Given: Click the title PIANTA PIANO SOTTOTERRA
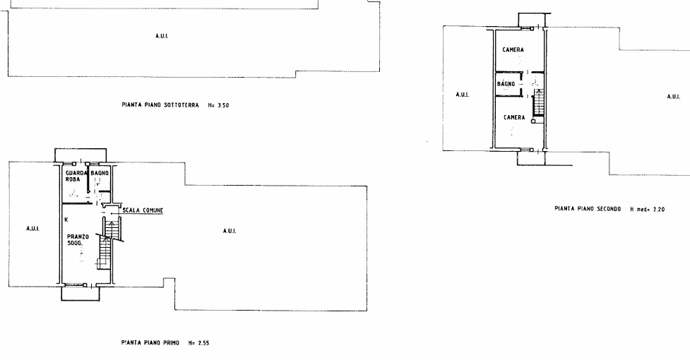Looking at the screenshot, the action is point(160,105).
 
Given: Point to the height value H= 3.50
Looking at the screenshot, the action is point(218,105).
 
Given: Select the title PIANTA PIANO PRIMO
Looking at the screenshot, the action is point(150,342).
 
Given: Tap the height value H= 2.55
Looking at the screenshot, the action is point(198,343).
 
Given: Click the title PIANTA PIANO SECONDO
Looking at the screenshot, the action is point(588,209).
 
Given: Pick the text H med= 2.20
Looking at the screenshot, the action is point(648,209).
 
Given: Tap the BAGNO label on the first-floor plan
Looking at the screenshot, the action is point(100,173).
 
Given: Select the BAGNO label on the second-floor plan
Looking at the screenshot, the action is point(506,83).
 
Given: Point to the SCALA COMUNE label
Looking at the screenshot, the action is point(143,210).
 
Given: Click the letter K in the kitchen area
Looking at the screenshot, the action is point(66,219).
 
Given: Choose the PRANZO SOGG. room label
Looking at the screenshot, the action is point(78,239).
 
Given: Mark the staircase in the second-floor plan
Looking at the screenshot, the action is point(539,102).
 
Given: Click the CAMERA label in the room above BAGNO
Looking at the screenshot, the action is point(513,50).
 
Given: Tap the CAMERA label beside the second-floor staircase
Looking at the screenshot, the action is point(514,117).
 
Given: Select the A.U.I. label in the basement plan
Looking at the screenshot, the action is point(162,36).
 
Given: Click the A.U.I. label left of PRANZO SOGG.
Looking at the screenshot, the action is point(33,228).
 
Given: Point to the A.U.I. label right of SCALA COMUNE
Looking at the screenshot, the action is point(230,231).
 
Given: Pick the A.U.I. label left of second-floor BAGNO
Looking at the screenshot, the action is point(462,95).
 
